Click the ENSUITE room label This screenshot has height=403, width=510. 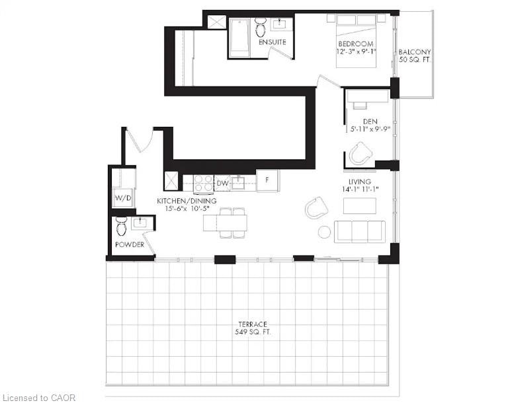click(273, 42)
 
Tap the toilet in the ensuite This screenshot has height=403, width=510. click(260, 27)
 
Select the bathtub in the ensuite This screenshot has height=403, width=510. click(239, 38)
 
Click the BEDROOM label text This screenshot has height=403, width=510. click(356, 44)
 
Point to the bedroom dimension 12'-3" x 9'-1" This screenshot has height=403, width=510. click(356, 52)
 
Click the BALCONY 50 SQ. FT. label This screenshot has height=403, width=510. click(415, 56)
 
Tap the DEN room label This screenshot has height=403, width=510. click(370, 122)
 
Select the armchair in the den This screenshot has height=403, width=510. click(360, 153)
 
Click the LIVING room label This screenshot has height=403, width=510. click(360, 182)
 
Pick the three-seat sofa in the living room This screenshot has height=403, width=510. click(360, 231)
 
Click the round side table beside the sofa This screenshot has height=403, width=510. click(324, 232)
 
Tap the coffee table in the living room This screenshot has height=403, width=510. click(360, 206)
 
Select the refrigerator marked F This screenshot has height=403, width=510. click(267, 180)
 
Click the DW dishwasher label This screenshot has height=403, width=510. click(222, 184)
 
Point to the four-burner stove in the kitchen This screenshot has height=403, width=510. click(203, 183)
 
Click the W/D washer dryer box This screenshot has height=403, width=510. click(123, 198)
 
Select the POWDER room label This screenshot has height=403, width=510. click(130, 244)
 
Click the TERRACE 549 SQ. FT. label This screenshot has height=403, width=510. click(253, 328)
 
